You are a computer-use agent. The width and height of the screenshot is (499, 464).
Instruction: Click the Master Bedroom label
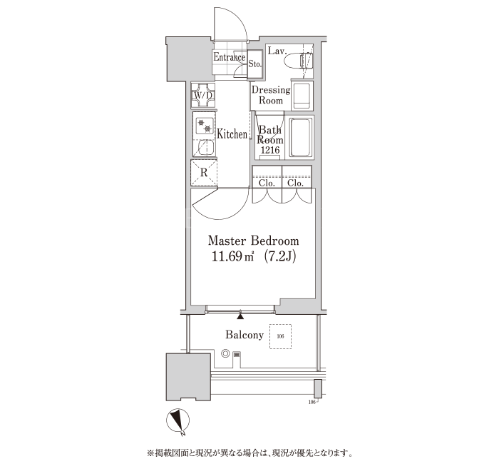(x=253, y=241)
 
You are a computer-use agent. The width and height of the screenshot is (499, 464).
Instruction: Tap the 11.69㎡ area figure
(x=232, y=257)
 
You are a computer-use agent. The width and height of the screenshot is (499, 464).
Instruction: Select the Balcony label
(x=245, y=335)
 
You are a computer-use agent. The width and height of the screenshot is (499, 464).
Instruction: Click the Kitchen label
(x=232, y=134)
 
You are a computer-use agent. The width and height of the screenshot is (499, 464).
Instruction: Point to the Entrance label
(x=230, y=57)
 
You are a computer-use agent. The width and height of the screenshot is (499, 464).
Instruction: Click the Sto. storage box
(x=255, y=64)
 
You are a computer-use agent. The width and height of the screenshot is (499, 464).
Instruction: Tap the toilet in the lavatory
(x=299, y=61)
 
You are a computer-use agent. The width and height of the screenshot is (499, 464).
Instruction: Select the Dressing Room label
(x=271, y=95)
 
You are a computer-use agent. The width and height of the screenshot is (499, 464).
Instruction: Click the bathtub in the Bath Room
(x=300, y=137)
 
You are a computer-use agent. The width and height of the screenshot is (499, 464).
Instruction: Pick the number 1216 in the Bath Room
(x=270, y=150)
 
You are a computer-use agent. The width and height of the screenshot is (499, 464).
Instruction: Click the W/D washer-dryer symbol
(x=203, y=95)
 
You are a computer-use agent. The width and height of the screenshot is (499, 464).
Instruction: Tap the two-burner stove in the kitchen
(x=204, y=125)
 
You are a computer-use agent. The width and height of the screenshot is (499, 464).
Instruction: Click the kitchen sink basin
(x=204, y=148)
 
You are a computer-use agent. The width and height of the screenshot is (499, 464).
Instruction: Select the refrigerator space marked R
(x=204, y=173)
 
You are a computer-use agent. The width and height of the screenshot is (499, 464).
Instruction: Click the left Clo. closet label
(x=267, y=183)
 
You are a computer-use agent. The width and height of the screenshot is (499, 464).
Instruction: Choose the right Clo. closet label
(x=295, y=183)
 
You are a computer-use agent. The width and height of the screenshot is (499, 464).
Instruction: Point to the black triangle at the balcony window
(x=241, y=316)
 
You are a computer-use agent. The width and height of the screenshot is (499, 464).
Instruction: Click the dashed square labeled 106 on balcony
(x=280, y=336)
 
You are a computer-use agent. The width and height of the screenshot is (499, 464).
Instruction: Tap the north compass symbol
(x=178, y=420)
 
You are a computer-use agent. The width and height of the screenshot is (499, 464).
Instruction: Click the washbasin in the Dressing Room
(x=302, y=96)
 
